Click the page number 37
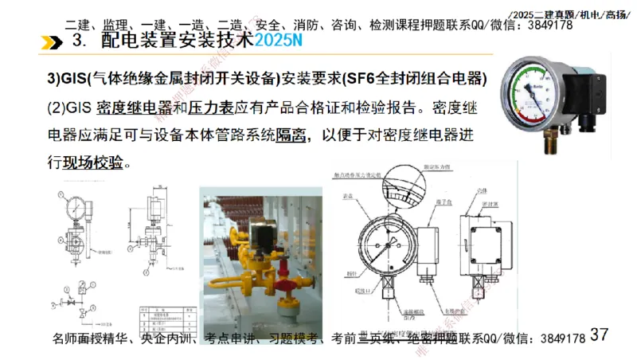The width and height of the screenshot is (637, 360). coord(599,334)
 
